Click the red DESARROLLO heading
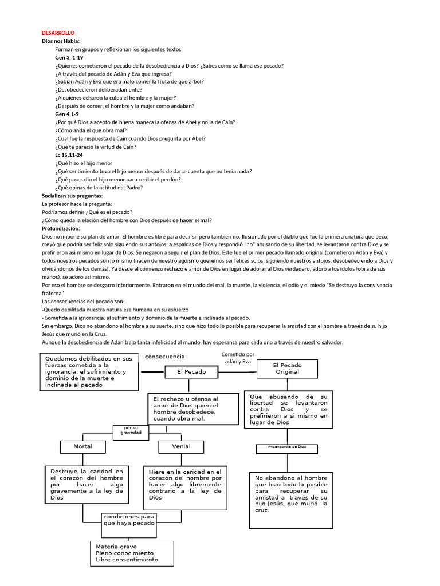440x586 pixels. coord(58,33)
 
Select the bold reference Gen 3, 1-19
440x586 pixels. coord(69,58)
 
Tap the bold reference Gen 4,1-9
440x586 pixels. coord(67,114)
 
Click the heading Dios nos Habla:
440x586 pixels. coord(61,42)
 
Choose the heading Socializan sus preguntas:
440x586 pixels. coord(72,196)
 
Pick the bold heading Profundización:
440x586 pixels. coord(61,228)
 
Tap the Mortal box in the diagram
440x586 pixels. coord(82,446)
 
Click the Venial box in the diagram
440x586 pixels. coord(181,446)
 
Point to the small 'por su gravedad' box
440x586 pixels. coord(131,431)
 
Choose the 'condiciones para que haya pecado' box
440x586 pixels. coord(128,520)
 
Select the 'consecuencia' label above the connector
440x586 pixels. coord(165,357)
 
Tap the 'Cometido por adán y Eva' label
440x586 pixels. coord(238,358)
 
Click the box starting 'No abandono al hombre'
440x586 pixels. coord(291,500)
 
